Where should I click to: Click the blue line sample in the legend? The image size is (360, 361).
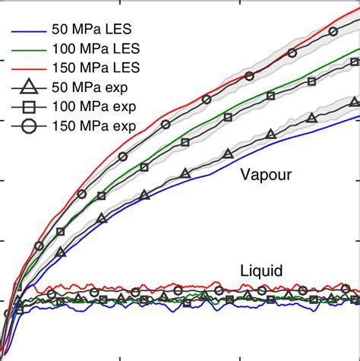[x=26, y=32]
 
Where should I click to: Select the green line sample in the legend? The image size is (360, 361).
[x=26, y=51]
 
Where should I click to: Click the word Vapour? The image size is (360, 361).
[x=266, y=176]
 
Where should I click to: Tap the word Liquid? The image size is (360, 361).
[x=262, y=271]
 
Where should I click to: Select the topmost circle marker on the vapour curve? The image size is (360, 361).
[x=333, y=31]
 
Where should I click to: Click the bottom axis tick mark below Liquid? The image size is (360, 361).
[x=240, y=356]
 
